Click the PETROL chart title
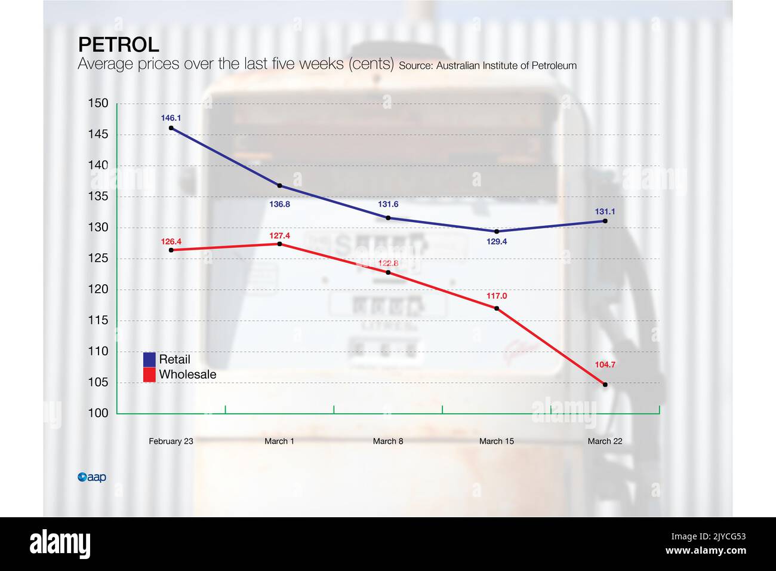click(x=119, y=45)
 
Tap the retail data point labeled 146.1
click(x=171, y=128)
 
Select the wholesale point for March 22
click(x=605, y=385)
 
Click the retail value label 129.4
click(x=497, y=242)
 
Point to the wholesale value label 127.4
click(x=279, y=236)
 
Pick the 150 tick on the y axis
click(x=98, y=103)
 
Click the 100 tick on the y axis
click(x=98, y=413)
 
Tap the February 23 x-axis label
click(x=171, y=441)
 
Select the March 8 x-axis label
click(x=388, y=441)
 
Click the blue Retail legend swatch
click(x=149, y=360)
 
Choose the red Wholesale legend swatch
click(x=149, y=375)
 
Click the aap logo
click(x=92, y=477)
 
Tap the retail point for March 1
click(x=280, y=186)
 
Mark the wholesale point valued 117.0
click(x=497, y=308)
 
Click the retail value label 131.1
click(x=605, y=211)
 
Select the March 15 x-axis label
click(x=497, y=441)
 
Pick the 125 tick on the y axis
click(x=98, y=258)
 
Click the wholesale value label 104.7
click(x=605, y=365)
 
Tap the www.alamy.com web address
click(x=706, y=551)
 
